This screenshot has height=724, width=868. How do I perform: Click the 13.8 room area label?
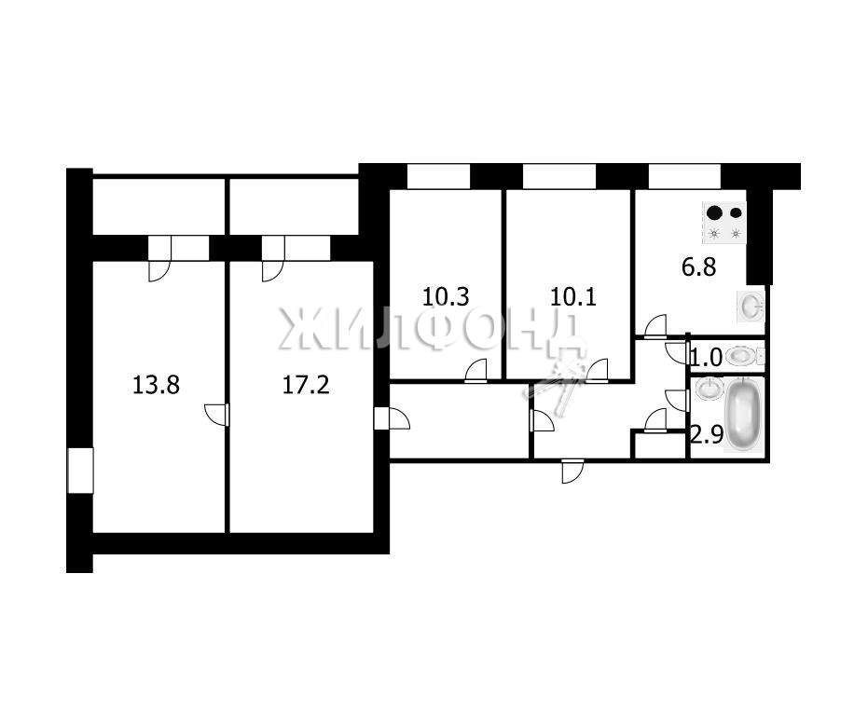click(156, 385)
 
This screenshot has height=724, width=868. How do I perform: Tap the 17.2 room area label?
click(306, 385)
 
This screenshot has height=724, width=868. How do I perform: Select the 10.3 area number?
click(446, 297)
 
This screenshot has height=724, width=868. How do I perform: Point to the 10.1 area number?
click(573, 297)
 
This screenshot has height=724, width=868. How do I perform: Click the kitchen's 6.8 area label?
click(698, 267)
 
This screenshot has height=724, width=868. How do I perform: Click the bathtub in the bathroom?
click(742, 414)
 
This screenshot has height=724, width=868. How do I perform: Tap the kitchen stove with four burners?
click(724, 223)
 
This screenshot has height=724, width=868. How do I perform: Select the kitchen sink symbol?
click(751, 306)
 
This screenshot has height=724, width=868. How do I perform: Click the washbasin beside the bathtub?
click(708, 389)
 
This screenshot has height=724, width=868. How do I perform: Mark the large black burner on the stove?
click(715, 212)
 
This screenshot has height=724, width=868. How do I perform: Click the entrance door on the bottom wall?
click(572, 471)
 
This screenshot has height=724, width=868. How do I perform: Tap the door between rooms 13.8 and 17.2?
click(217, 415)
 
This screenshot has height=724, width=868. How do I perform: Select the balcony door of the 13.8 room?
click(160, 259)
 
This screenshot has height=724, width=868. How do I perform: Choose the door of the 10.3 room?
click(475, 371)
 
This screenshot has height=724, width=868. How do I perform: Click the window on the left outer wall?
click(80, 471)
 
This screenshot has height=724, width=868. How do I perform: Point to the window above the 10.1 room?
click(559, 176)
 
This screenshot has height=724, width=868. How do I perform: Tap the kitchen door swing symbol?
click(656, 325)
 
